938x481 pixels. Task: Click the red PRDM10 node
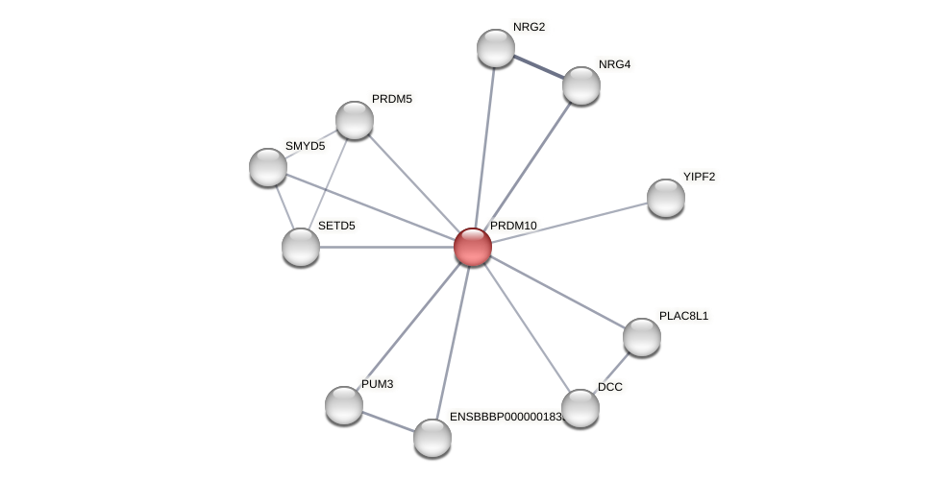[x=473, y=247]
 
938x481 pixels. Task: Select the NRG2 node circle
[x=496, y=48]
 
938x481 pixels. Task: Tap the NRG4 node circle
[x=581, y=85]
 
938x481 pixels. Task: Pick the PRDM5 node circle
[x=355, y=120]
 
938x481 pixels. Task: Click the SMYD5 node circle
[x=268, y=167]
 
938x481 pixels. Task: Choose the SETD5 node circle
[x=301, y=247]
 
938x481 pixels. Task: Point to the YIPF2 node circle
[x=666, y=198]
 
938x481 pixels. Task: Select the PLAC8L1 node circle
[x=642, y=337]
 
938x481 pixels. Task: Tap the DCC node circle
[x=580, y=408]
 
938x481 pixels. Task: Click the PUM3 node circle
[x=344, y=405]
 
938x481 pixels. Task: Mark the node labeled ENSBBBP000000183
[x=432, y=438]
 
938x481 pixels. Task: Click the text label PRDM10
[x=513, y=226]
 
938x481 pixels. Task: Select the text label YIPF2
[x=699, y=177]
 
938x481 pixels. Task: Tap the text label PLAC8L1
[x=683, y=316]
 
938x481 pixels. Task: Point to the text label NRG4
[x=614, y=64]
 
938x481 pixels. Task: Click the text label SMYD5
[x=305, y=146]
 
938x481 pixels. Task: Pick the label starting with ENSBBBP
[x=506, y=417]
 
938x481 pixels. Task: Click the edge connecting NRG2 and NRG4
[x=538, y=66]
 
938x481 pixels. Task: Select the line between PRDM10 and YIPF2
[x=569, y=223]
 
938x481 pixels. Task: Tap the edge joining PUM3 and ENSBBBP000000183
[x=388, y=421]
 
